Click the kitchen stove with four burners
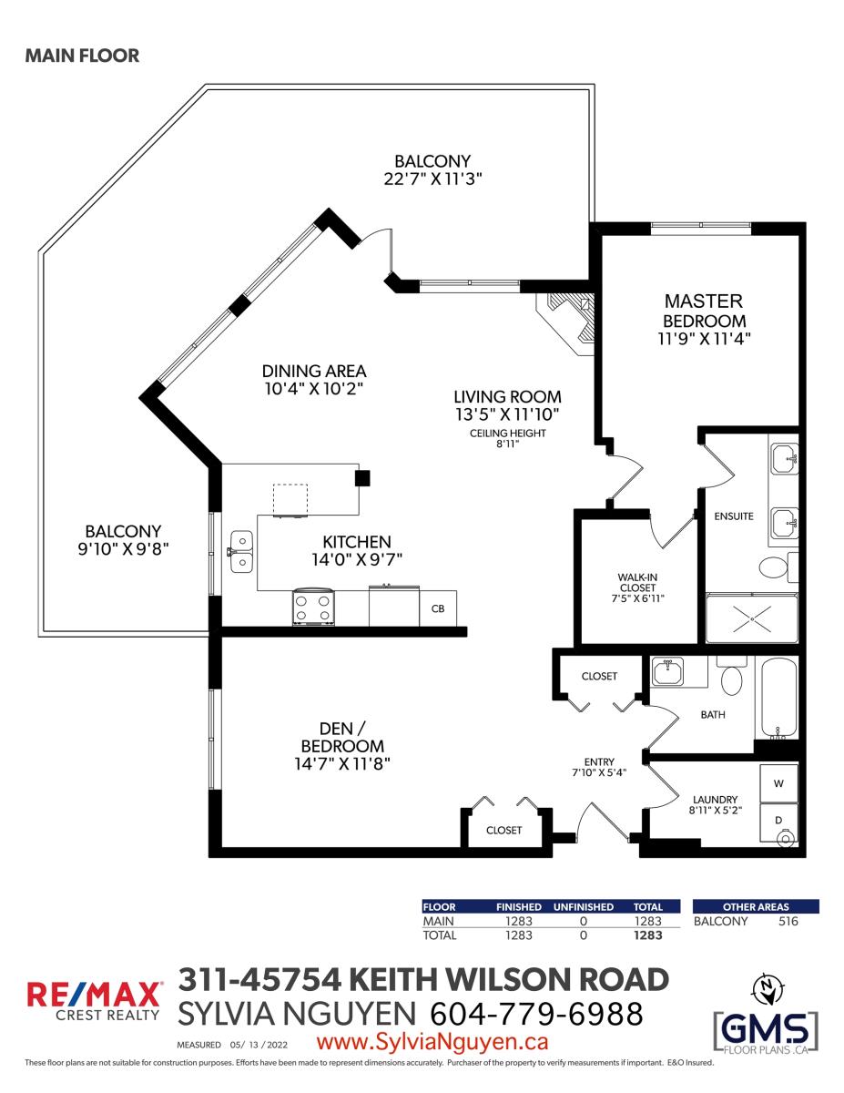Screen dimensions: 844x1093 [312, 608]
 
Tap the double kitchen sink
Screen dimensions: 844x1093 [241, 552]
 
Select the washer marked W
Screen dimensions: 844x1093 [778, 783]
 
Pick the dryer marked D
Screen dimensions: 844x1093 [778, 823]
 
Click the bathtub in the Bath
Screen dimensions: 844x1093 [778, 698]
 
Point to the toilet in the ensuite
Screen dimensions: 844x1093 [778, 567]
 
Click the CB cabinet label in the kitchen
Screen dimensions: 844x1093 [438, 608]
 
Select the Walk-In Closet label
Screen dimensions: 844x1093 [637, 582]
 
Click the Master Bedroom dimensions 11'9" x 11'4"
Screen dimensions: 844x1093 [704, 339]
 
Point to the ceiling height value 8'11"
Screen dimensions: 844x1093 [508, 444]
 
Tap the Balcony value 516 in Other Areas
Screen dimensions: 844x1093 [788, 921]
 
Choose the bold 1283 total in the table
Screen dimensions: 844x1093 [648, 935]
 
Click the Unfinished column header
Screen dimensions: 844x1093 [583, 907]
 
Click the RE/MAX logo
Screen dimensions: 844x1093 [94, 1001]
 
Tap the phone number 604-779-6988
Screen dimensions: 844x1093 [536, 1014]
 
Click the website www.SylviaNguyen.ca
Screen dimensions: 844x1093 [432, 1042]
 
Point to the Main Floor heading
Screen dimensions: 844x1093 [82, 56]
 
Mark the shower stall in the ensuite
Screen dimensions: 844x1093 [751, 618]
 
